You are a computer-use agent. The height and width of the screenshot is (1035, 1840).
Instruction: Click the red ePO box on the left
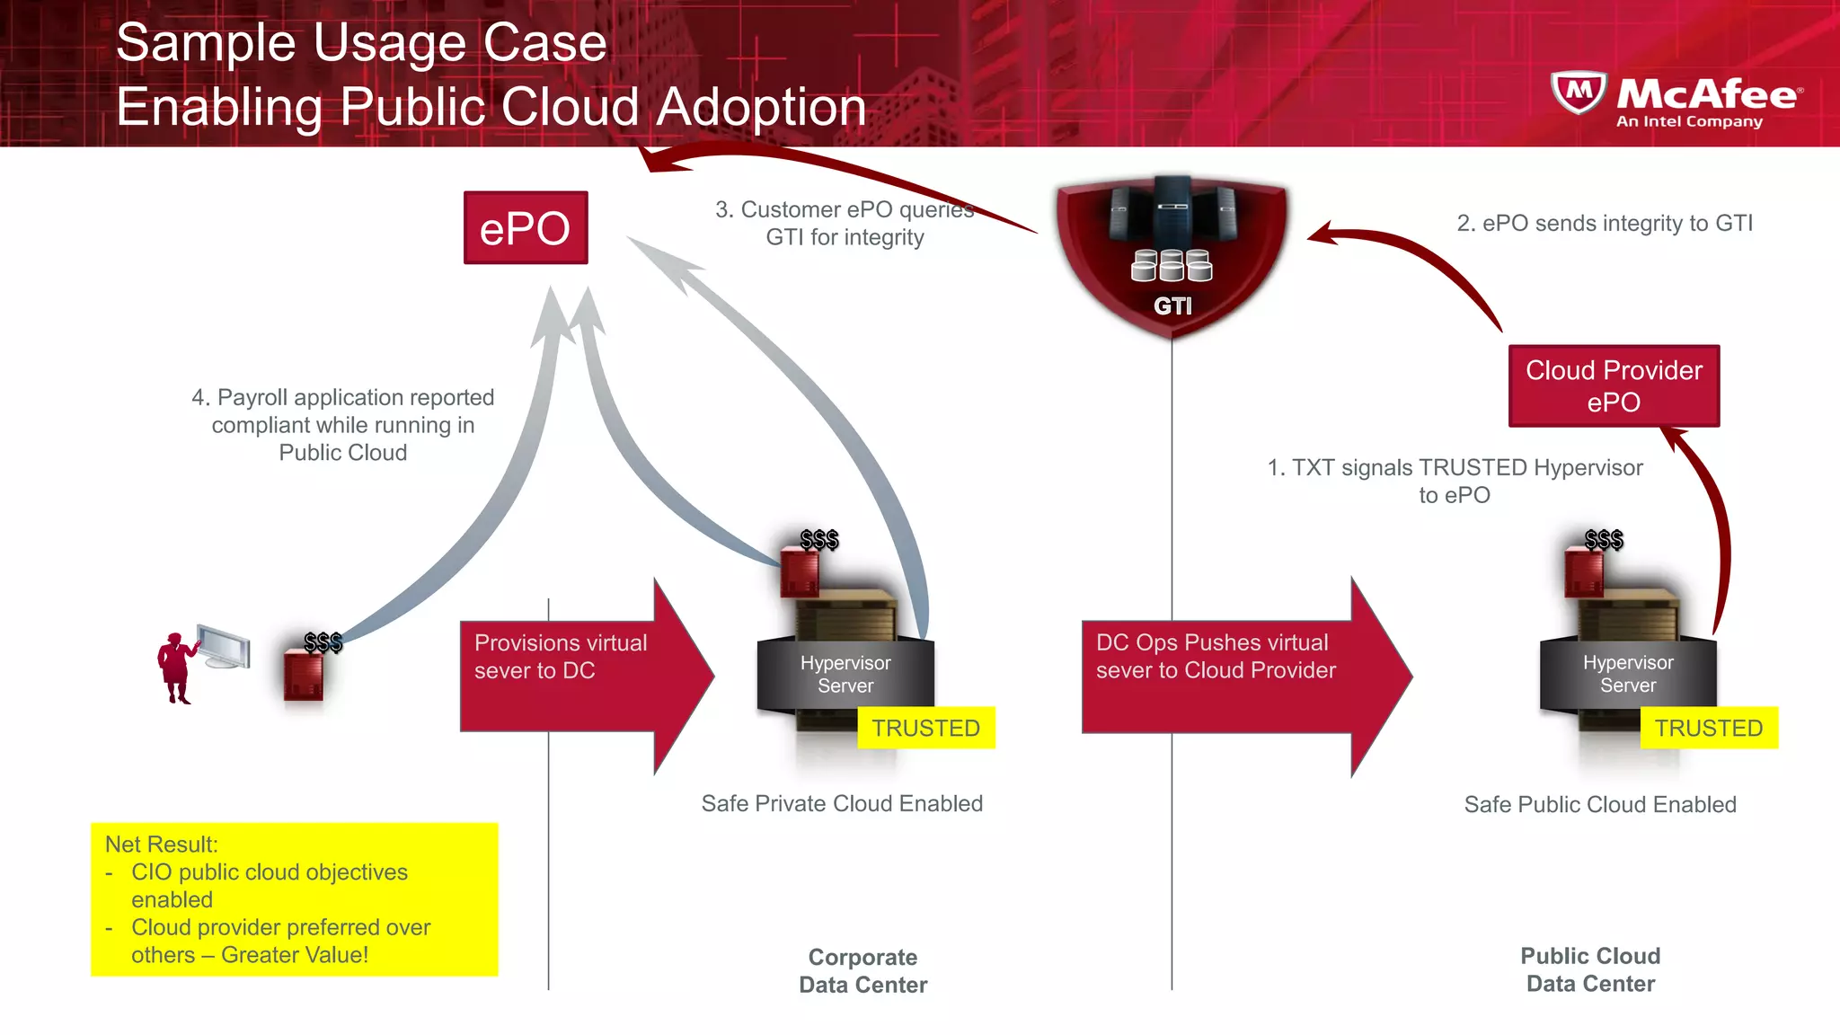tap(526, 227)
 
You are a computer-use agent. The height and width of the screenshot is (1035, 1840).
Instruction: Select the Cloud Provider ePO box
tap(1614, 385)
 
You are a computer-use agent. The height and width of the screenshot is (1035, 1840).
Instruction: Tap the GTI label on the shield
tap(1172, 306)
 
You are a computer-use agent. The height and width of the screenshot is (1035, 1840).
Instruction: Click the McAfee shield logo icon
tap(1579, 93)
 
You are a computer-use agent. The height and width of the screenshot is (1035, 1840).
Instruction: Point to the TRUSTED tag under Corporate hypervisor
tap(925, 728)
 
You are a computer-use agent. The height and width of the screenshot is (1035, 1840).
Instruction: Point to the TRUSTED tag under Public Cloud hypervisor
tap(1709, 728)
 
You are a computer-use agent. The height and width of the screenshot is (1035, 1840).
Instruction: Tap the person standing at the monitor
tap(175, 667)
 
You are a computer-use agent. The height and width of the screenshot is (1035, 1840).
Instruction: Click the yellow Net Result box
tap(294, 898)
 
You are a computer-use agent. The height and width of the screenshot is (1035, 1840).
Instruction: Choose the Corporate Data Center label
tap(862, 971)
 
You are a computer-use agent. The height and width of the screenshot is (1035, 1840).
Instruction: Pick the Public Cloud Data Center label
tap(1590, 969)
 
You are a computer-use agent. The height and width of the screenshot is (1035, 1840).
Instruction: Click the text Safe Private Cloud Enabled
tap(842, 803)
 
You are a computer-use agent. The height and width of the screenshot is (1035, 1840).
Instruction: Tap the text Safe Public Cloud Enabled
tap(1600, 804)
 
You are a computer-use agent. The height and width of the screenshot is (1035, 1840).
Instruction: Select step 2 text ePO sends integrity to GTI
tap(1605, 223)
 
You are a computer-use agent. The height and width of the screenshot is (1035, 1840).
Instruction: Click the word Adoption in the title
tap(761, 107)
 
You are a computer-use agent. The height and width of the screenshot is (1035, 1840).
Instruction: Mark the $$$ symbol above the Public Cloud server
tap(1604, 540)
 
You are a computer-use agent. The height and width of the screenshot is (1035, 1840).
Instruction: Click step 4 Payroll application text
tap(343, 424)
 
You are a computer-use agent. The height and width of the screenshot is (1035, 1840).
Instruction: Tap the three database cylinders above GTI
tap(1172, 266)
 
